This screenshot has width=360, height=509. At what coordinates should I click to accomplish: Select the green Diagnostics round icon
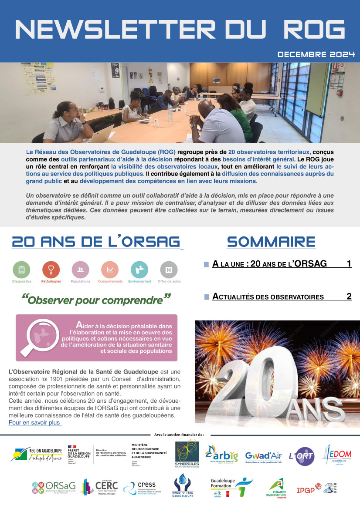tap(21, 270)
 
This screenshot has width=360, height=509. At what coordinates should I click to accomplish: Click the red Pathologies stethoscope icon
tap(51, 270)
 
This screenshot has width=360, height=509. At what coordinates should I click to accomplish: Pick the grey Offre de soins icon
tap(169, 270)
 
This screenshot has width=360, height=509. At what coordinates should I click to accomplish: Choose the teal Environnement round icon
tap(139, 270)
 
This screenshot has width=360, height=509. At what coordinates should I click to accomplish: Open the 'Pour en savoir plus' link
tap(34, 422)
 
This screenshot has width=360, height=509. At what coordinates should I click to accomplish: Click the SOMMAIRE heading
tap(271, 242)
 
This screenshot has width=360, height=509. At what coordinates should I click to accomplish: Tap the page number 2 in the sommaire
tap(349, 297)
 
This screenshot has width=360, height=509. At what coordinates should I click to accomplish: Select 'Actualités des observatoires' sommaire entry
tap(268, 297)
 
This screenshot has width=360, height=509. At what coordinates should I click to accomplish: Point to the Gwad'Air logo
tap(263, 456)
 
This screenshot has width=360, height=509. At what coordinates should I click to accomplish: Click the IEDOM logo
tap(337, 455)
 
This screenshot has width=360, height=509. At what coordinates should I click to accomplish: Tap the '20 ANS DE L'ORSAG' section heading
tap(96, 242)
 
